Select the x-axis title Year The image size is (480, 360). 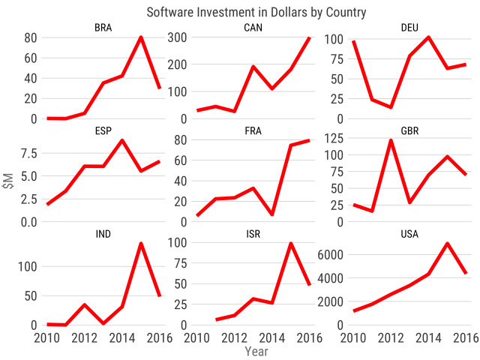256,350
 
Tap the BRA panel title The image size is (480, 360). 103,28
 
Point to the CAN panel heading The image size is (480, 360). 253,28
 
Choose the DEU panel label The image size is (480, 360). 409,28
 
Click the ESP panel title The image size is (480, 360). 103,131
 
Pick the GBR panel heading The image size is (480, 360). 409,131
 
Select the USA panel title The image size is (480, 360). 409,234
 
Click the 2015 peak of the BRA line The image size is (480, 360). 141,37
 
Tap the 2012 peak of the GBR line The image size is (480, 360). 391,140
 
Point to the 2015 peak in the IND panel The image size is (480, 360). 141,244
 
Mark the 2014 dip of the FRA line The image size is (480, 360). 271,214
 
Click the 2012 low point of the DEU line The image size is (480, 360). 391,107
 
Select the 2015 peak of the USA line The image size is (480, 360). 447,244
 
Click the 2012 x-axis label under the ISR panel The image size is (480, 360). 234,337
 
